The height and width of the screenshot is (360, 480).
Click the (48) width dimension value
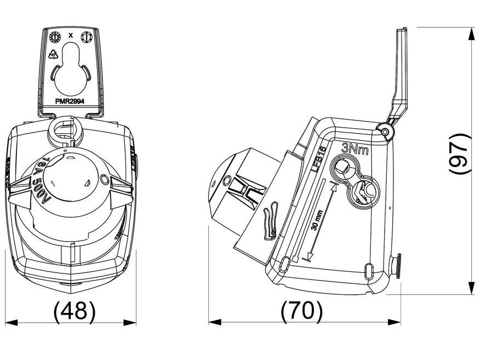pos(75,311)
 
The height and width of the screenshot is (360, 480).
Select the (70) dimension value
pos(301,311)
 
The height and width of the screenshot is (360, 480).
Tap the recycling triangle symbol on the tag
pos(54,54)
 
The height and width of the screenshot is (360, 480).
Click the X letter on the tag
pos(71,36)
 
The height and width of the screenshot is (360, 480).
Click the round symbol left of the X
pos(54,37)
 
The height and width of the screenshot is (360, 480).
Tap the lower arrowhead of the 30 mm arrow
pos(309,256)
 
